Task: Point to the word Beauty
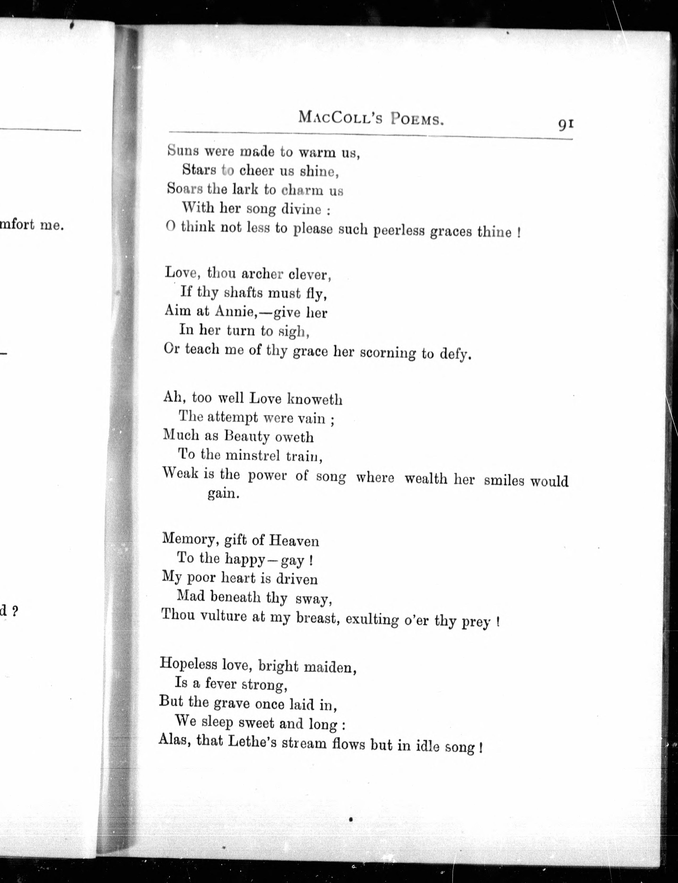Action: pyautogui.click(x=247, y=436)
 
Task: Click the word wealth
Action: pyautogui.click(x=426, y=479)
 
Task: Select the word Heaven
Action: pyautogui.click(x=294, y=541)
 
